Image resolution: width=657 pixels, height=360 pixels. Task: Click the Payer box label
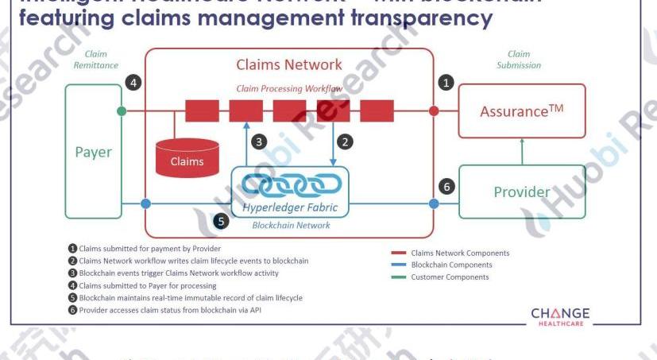94,152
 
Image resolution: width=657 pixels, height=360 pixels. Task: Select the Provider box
522,192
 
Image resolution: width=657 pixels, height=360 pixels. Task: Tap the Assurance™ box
522,111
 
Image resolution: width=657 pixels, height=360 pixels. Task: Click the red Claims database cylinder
187,157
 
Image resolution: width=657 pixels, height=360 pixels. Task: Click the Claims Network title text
289,64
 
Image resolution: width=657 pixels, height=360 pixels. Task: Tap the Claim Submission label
519,60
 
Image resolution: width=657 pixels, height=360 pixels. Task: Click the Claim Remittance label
96,60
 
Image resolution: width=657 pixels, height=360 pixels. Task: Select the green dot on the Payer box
122,111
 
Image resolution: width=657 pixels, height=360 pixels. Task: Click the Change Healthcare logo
560,315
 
